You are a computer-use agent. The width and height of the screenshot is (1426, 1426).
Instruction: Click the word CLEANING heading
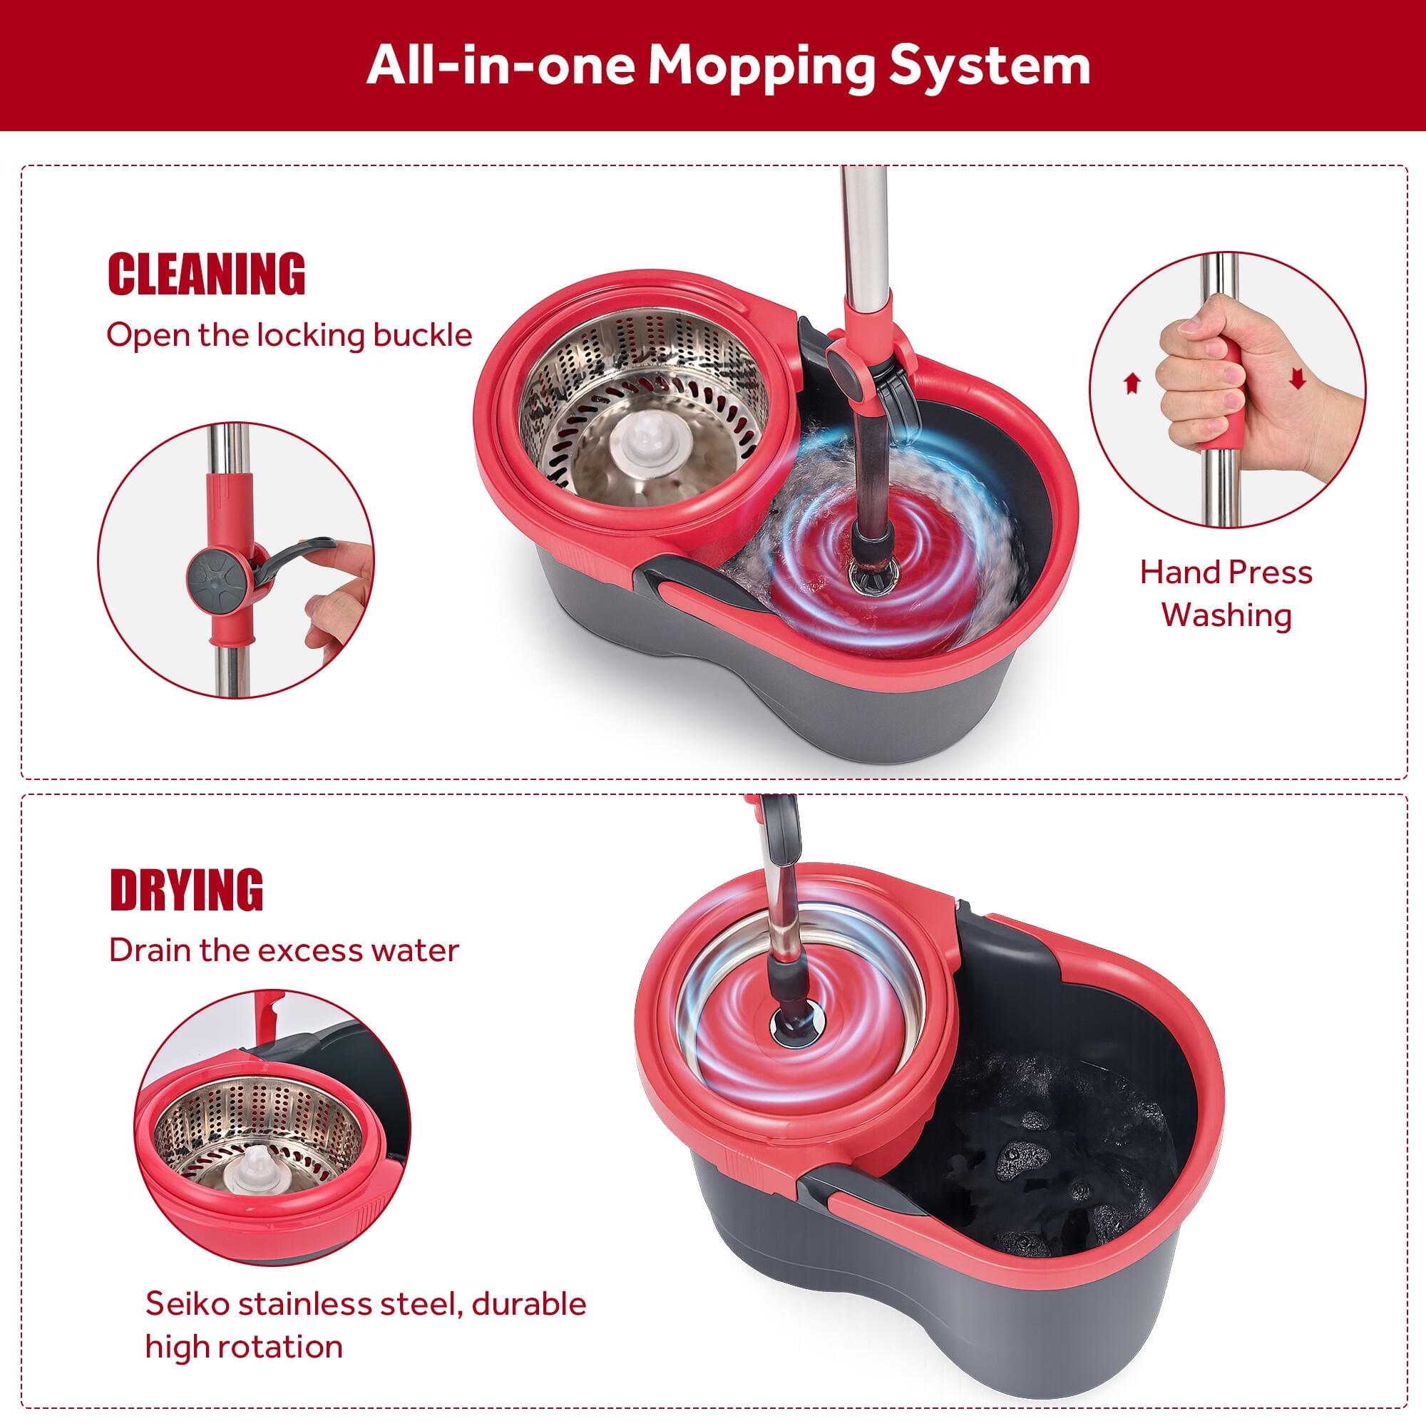point(207,274)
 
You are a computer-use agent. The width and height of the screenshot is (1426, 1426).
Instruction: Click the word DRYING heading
point(186,890)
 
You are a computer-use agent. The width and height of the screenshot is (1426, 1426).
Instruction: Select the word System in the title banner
point(989,66)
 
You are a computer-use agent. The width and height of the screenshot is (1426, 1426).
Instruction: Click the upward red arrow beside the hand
point(1132,383)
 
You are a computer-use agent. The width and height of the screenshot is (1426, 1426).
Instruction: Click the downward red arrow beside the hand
point(1298,379)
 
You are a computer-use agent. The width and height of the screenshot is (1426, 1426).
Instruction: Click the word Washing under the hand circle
point(1226,615)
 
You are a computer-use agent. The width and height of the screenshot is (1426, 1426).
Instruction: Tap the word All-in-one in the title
point(501,66)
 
